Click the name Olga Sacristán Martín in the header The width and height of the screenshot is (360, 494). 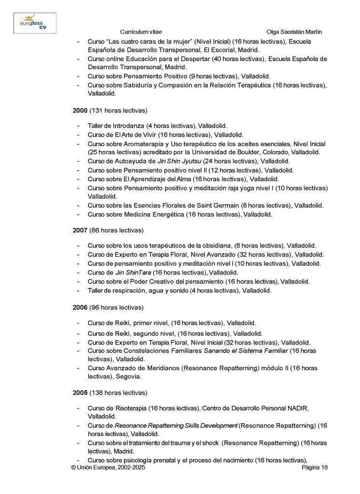[x=294, y=31]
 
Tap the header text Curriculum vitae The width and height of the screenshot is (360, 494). [x=140, y=31]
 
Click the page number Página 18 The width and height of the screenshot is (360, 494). [x=315, y=468]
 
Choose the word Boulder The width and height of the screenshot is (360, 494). [x=253, y=152]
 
